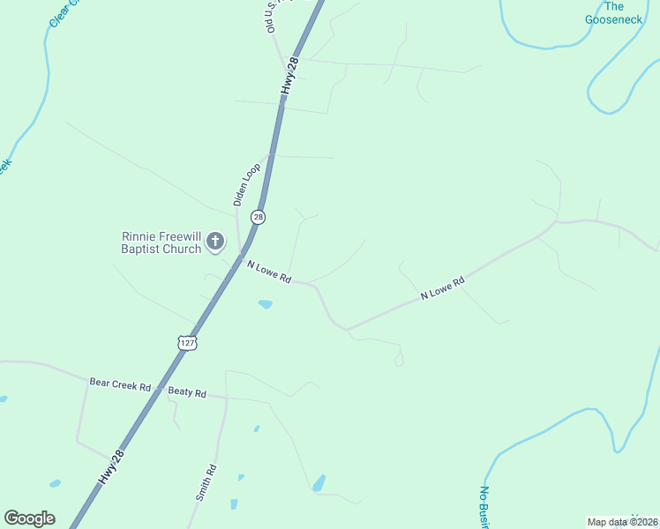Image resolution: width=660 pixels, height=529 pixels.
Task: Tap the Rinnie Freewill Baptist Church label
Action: [161, 242]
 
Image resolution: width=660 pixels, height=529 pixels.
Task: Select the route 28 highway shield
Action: [258, 217]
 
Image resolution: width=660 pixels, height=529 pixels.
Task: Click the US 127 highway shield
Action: [185, 342]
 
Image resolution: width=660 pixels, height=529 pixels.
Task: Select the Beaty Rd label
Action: [187, 392]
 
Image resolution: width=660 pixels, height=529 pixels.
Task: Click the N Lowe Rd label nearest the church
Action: [269, 271]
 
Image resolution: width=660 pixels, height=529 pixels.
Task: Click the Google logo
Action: [29, 518]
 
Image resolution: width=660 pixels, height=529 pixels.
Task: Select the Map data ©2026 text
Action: [622, 522]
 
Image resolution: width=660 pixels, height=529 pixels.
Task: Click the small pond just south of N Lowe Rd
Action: [265, 305]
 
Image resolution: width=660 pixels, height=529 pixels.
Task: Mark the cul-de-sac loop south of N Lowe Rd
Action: [399, 360]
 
